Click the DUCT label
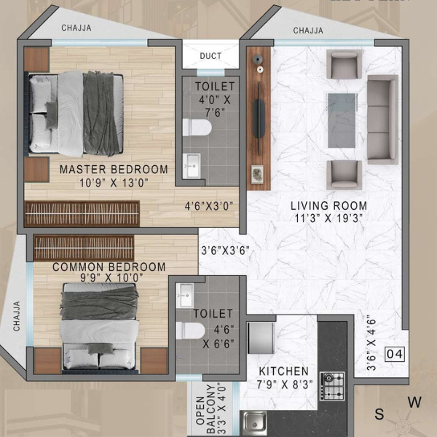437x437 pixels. tap(210, 56)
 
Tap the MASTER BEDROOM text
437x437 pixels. tap(114, 170)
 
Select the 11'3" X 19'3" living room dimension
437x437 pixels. tap(329, 218)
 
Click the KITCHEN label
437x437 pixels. tap(284, 371)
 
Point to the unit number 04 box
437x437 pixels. tap(395, 354)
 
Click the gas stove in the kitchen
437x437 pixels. tap(332, 386)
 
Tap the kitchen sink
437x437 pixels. tap(255, 423)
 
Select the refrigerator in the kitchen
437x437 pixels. tap(261, 338)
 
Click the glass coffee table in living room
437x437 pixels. tap(342, 121)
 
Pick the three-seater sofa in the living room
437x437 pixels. tap(382, 119)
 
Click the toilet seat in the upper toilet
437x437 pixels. tap(197, 127)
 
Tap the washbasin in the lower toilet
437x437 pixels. tap(185, 295)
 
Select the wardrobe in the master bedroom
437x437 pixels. tap(82, 213)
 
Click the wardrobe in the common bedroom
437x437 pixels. tap(84, 248)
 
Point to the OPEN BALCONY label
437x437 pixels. tap(206, 409)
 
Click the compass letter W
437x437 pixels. tap(414, 403)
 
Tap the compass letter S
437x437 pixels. tap(379, 414)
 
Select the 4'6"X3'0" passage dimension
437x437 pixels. tap(209, 206)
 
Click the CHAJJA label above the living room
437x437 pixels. tap(308, 31)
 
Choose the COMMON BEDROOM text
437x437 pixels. tap(109, 267)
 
